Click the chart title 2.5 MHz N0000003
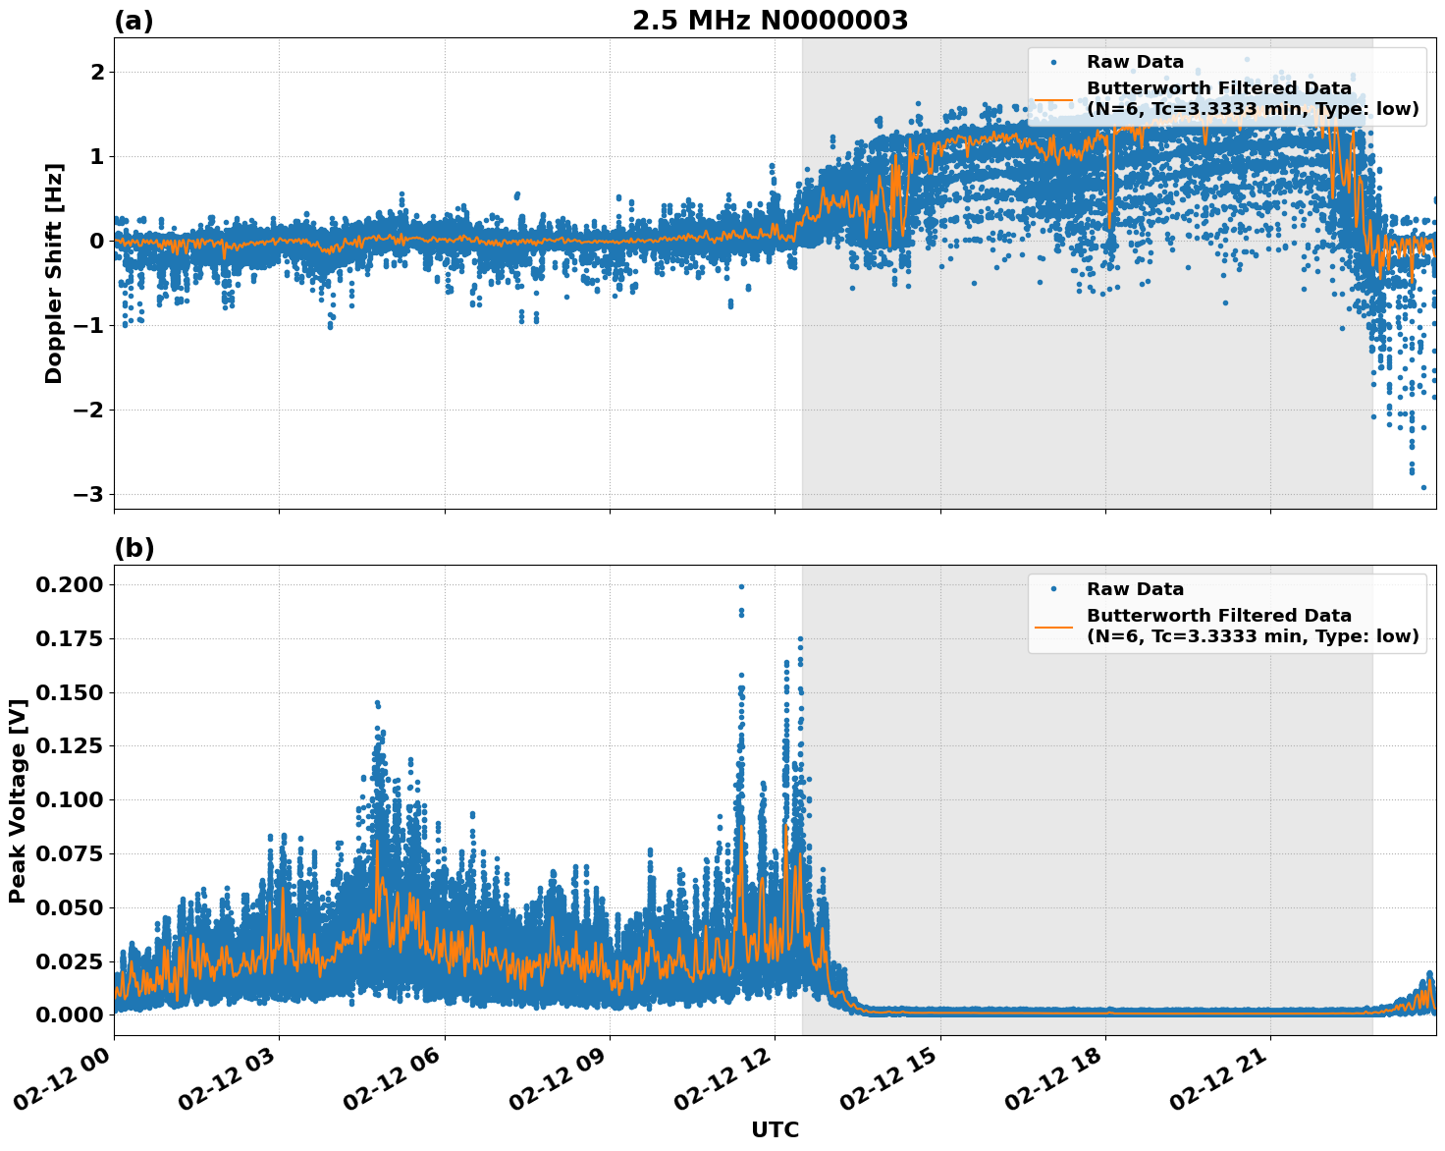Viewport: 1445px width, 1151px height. tap(770, 21)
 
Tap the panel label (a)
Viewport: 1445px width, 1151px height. tap(134, 21)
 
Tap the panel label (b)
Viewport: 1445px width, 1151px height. tap(134, 548)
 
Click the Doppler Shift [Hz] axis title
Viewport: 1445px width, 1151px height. tap(54, 273)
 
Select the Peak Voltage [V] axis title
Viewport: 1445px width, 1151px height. tap(17, 800)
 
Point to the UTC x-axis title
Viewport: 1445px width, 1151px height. tap(775, 1130)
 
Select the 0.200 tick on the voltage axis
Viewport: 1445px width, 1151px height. tap(69, 585)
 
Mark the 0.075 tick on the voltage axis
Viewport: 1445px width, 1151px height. tap(69, 853)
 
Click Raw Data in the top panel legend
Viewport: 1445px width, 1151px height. tap(1135, 62)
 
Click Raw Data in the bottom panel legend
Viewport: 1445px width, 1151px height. tap(1135, 589)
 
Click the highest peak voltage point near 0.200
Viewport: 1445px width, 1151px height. tap(741, 586)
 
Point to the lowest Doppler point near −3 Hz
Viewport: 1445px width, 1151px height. tap(1423, 487)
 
